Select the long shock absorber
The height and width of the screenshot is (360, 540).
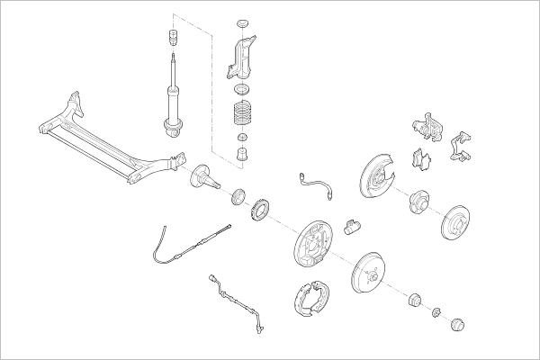170,99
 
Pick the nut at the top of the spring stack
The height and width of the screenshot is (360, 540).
241,22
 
